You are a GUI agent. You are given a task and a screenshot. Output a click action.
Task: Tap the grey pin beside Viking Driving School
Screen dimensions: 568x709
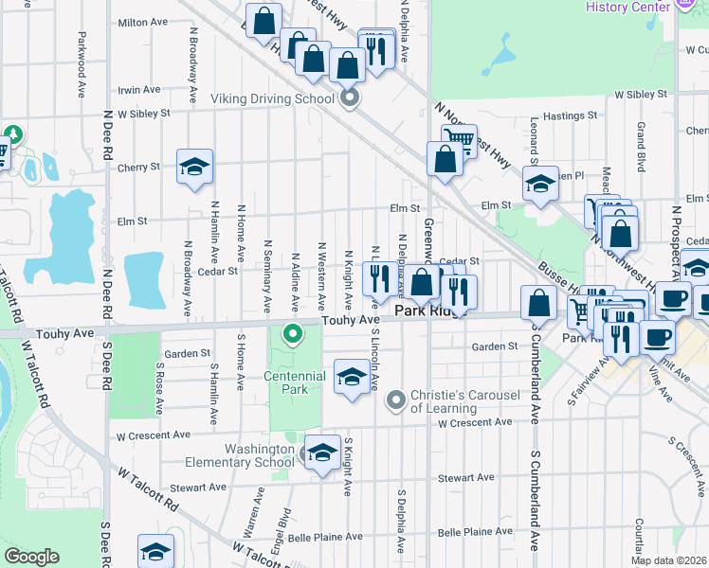pyautogui.click(x=350, y=98)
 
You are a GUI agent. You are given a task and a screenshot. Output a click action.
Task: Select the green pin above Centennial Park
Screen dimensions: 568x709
pyautogui.click(x=294, y=333)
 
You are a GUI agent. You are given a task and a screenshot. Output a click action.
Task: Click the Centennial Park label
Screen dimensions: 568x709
pyautogui.click(x=296, y=382)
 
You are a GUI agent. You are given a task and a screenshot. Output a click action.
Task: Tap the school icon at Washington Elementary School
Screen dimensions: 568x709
pyautogui.click(x=322, y=453)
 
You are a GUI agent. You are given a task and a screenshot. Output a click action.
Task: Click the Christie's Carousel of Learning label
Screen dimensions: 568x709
pyautogui.click(x=444, y=401)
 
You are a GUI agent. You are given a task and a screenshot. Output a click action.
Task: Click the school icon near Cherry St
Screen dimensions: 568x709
pyautogui.click(x=195, y=168)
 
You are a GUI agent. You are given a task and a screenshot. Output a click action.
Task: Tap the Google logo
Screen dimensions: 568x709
pyautogui.click(x=31, y=557)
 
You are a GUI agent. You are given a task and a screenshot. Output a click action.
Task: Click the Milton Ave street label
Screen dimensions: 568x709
pyautogui.click(x=142, y=23)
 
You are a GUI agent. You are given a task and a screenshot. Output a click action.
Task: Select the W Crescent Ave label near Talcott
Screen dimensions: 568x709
pyautogui.click(x=154, y=435)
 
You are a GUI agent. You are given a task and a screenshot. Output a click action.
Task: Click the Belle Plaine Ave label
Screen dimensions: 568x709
pyautogui.click(x=326, y=537)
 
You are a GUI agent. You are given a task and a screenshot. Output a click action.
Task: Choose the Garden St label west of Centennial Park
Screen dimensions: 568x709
pyautogui.click(x=187, y=353)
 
